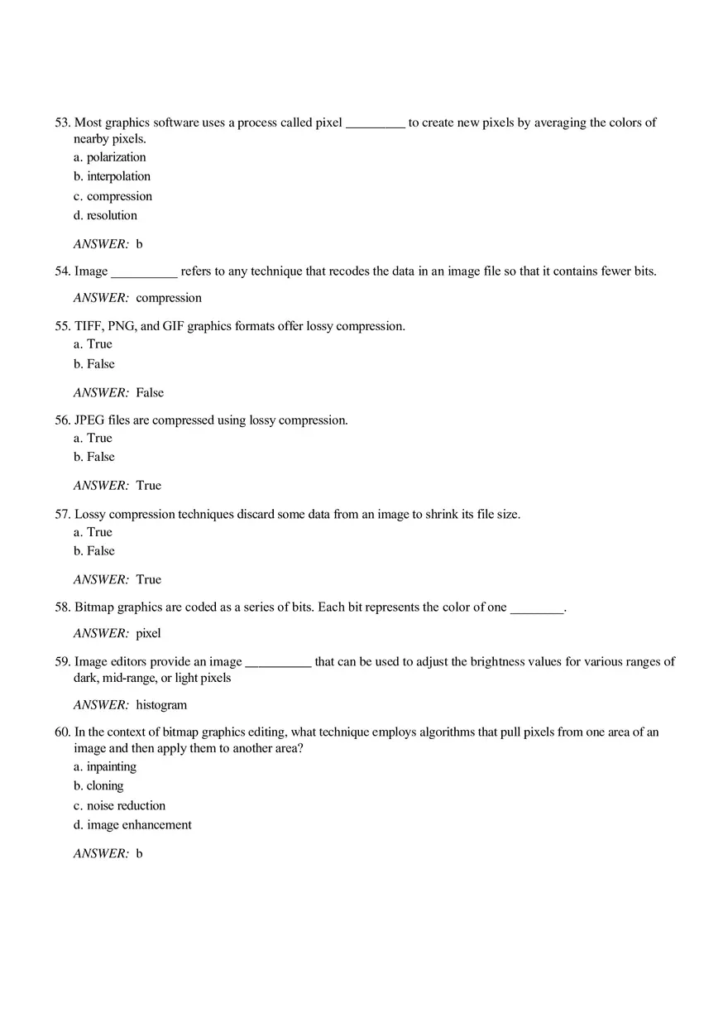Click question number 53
(x=63, y=122)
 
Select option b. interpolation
(x=112, y=176)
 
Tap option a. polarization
(x=109, y=157)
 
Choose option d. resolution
(x=105, y=215)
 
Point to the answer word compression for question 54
(x=169, y=298)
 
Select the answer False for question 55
(x=150, y=392)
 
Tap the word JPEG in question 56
(x=89, y=420)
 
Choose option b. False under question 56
(x=93, y=457)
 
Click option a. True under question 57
(x=93, y=532)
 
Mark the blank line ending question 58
(x=536, y=611)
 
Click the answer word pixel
(x=148, y=633)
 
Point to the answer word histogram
(x=161, y=705)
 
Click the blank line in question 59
(x=278, y=665)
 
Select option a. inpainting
(x=105, y=766)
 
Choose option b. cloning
(x=98, y=786)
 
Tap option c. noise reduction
(x=119, y=805)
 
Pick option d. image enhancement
(x=132, y=824)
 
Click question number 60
(x=63, y=732)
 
